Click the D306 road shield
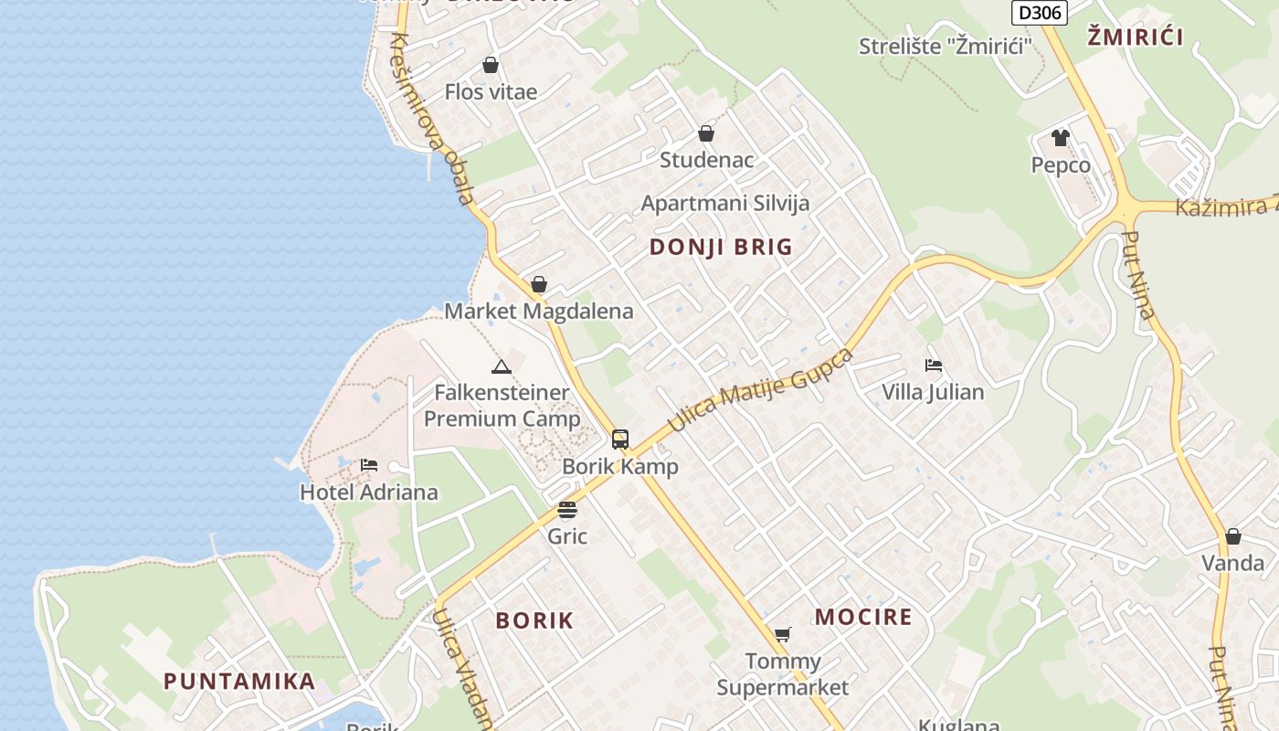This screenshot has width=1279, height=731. (1040, 12)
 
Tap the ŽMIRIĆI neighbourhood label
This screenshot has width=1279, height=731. (1136, 37)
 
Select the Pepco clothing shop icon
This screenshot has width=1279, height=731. (1060, 138)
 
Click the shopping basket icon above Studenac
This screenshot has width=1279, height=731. (706, 133)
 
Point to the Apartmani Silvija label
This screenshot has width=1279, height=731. (725, 203)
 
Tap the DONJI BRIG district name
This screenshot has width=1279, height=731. (721, 247)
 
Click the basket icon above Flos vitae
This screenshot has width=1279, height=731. (491, 65)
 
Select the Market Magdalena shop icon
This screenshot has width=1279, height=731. (539, 284)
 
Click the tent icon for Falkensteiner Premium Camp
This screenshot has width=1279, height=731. (501, 367)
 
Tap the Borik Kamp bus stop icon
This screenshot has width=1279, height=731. (620, 440)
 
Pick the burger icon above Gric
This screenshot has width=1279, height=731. (567, 510)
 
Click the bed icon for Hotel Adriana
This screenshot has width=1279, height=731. (369, 465)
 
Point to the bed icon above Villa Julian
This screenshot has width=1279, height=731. (933, 365)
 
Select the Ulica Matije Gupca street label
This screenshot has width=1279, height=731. (761, 390)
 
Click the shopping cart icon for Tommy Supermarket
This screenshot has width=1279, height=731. (782, 634)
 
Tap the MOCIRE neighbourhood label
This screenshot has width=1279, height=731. (863, 617)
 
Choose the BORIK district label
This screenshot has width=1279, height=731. (534, 620)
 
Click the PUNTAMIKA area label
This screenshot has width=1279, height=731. (239, 681)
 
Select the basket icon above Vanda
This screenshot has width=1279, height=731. (1232, 536)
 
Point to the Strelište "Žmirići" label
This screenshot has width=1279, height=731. (945, 46)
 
